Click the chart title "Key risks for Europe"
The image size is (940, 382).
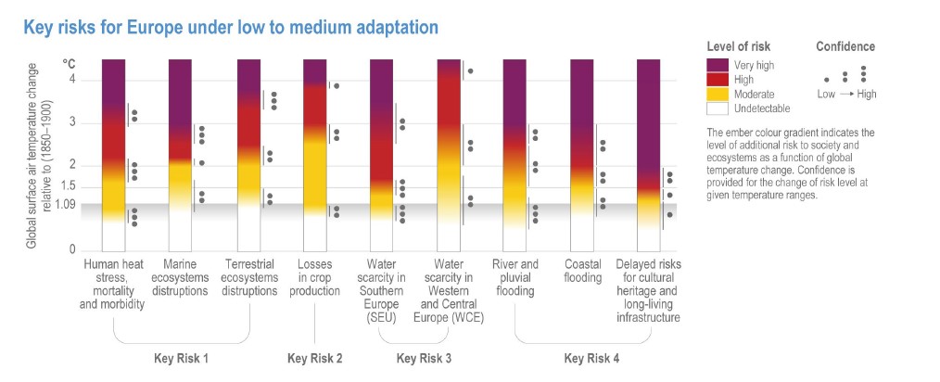(231, 28)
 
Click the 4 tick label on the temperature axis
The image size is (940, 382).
(72, 80)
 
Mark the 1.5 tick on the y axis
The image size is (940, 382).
(70, 187)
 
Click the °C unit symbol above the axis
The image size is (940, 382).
(69, 63)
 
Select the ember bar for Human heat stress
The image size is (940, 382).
(113, 154)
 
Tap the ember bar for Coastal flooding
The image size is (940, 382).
(581, 154)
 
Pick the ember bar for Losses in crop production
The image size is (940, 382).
(315, 154)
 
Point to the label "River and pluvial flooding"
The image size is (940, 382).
(514, 277)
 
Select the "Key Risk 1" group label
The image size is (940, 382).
(181, 358)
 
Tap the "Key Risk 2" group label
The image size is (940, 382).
(315, 358)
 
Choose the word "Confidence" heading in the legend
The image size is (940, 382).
(845, 46)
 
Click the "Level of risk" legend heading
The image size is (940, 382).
(738, 46)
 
